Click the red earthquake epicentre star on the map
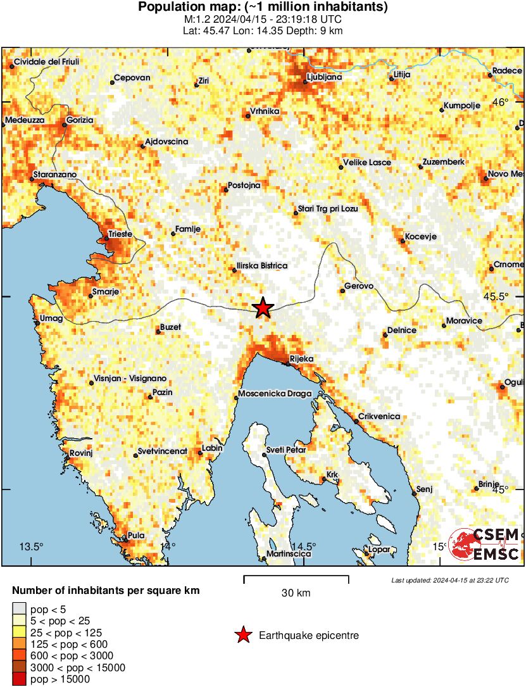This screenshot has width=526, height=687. (263, 308)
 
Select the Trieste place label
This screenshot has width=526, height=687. (120, 234)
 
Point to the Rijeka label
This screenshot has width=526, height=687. (301, 359)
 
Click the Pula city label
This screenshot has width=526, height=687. (136, 535)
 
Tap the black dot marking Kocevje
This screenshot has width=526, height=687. (403, 241)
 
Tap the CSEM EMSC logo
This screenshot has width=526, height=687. (484, 543)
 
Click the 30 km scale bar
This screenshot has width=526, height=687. (296, 577)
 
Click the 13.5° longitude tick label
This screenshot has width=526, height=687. (32, 546)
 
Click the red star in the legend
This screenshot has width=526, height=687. (242, 634)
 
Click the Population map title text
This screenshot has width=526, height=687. (263, 8)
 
